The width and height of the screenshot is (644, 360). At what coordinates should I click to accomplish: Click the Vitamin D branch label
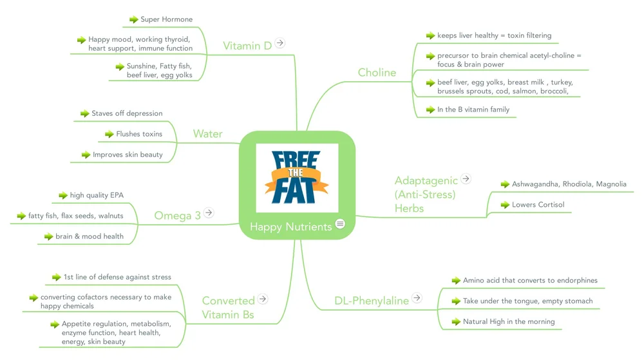click(247, 46)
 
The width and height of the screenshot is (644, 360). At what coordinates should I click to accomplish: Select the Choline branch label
click(377, 73)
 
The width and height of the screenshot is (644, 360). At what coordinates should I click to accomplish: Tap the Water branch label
click(207, 134)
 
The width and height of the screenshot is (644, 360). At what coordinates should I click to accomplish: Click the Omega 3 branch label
click(177, 216)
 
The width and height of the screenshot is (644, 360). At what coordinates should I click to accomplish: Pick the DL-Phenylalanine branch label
click(372, 301)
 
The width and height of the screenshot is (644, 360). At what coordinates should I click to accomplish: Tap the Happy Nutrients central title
click(290, 227)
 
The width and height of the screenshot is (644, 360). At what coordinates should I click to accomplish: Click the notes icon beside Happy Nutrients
click(341, 223)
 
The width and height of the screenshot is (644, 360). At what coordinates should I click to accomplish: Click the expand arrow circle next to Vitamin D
click(280, 43)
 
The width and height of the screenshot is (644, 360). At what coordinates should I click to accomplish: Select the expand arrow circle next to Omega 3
click(209, 213)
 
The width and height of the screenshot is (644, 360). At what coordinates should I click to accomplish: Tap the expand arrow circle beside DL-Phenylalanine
click(417, 298)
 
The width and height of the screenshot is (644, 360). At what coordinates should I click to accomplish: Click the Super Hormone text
click(166, 20)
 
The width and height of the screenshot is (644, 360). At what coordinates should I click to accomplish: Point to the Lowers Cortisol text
click(538, 205)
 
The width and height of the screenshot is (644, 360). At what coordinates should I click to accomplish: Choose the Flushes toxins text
click(139, 134)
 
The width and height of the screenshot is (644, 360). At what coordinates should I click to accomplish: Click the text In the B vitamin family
click(473, 109)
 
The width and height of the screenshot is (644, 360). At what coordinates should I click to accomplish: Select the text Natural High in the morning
click(508, 321)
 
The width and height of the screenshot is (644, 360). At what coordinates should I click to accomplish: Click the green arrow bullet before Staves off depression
click(84, 113)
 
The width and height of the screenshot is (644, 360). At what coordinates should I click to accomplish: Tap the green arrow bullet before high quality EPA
click(63, 195)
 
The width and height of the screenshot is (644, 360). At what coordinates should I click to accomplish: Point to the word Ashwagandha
click(535, 184)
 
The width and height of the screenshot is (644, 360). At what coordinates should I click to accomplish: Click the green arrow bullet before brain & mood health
click(48, 236)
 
